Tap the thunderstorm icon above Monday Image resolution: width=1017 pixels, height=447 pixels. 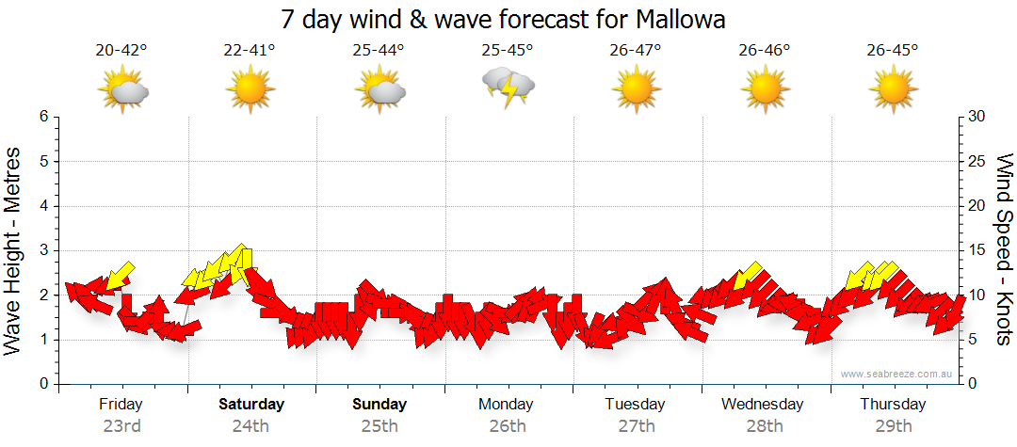tap(508, 88)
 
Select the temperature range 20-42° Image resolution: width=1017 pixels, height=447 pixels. tap(121, 51)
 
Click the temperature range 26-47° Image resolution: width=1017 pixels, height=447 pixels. tap(636, 51)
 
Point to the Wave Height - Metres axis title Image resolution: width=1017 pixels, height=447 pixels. tap(13, 250)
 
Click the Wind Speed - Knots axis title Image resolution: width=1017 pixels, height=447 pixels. tap(1004, 249)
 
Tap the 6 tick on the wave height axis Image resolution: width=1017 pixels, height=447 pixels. tap(42, 117)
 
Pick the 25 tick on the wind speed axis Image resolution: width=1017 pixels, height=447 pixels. tap(977, 162)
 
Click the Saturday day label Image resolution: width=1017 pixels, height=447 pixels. tap(251, 405)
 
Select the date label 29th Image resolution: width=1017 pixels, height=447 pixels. tap(894, 426)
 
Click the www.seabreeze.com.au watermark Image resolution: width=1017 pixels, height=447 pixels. tap(898, 374)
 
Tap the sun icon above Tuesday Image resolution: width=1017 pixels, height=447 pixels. tap(636, 90)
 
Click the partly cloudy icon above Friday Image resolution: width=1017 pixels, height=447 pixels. tap(123, 90)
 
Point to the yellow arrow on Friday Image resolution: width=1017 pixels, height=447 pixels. tap(119, 277)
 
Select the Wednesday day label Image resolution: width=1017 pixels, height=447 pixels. tap(763, 405)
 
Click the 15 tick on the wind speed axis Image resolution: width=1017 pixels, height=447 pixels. tap(977, 250)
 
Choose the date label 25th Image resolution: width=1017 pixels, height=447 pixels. tap(379, 426)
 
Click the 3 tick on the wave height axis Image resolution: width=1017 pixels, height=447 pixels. tap(42, 250)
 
